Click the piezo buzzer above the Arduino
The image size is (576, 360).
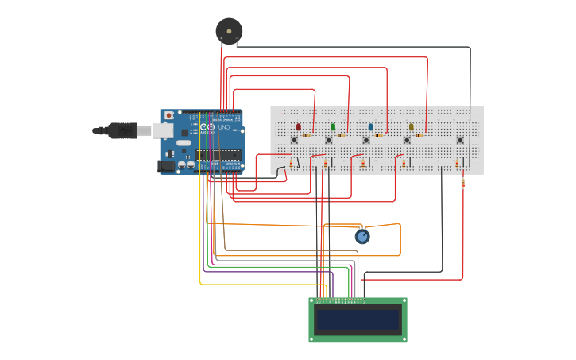(229, 31)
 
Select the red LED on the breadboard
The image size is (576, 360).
(299, 127)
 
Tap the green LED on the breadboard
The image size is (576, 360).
(333, 127)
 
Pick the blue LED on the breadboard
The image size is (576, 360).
(370, 127)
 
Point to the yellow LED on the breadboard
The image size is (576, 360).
(411, 127)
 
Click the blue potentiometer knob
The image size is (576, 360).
(362, 236)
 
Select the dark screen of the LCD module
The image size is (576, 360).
(358, 319)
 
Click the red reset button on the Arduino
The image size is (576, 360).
(168, 115)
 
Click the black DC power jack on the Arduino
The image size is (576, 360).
(166, 165)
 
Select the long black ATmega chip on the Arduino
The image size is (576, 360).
(218, 154)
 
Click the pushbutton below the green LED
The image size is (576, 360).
(328, 141)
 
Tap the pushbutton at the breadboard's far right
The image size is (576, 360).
(460, 141)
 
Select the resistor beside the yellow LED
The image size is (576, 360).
(420, 135)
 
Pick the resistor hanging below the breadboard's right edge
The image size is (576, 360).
(463, 183)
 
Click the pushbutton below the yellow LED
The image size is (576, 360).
(407, 141)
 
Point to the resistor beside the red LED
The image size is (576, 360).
(307, 135)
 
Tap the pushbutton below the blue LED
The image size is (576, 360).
(366, 141)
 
